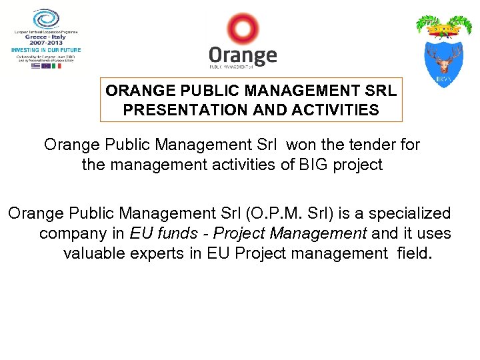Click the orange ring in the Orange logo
(x=241, y=29)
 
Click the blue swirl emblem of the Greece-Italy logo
(x=46, y=18)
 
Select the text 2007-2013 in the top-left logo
(x=45, y=43)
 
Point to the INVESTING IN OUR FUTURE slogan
(x=45, y=50)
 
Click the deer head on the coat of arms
(x=443, y=60)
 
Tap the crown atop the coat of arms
(x=443, y=29)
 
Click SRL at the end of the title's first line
(x=380, y=91)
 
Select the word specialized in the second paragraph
(x=410, y=214)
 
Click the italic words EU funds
(x=160, y=234)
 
